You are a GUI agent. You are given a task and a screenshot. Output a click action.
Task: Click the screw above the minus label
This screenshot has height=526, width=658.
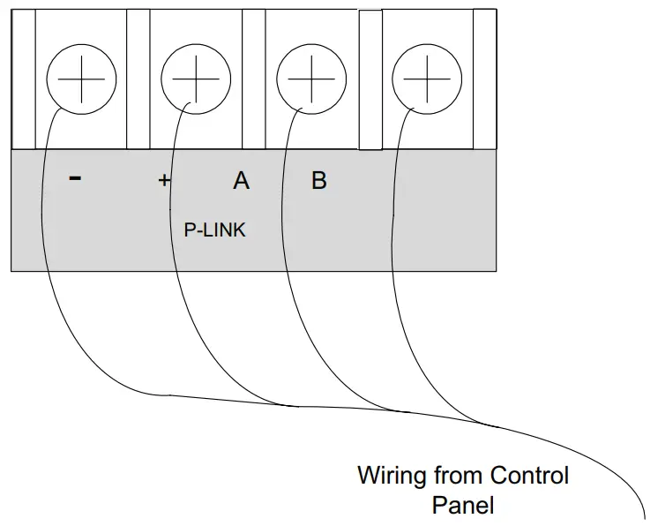pos(80,79)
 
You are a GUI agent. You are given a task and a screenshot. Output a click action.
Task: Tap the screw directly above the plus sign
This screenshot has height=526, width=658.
pos(196,79)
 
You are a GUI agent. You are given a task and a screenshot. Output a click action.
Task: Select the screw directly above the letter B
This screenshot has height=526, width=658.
pos(311,79)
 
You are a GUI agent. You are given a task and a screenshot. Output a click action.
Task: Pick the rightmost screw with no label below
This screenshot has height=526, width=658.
pos(426,79)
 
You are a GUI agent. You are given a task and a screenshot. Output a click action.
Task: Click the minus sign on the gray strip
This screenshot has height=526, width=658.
pos(75,178)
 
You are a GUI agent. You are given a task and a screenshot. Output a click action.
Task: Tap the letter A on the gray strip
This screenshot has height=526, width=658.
pos(241,181)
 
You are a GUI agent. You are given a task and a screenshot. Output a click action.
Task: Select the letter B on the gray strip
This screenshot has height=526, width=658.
pos(319,181)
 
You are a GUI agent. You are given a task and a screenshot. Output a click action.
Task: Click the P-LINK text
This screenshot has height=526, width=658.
pos(214,230)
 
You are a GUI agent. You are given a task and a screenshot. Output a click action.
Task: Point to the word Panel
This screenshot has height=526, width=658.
pos(463,506)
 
